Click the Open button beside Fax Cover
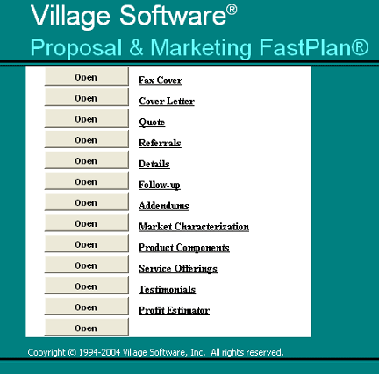87,76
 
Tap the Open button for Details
87,160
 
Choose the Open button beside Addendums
87,201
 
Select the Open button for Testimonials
87,286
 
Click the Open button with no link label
87,328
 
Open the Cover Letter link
167,102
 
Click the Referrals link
160,143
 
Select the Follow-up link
160,185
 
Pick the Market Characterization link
194,227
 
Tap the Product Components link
184,248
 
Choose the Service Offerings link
178,269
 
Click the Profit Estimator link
174,310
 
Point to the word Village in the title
70,17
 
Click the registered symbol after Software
232,10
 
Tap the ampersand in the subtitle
136,47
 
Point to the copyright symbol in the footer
72,352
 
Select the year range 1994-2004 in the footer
99,352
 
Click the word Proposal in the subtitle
76,48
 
